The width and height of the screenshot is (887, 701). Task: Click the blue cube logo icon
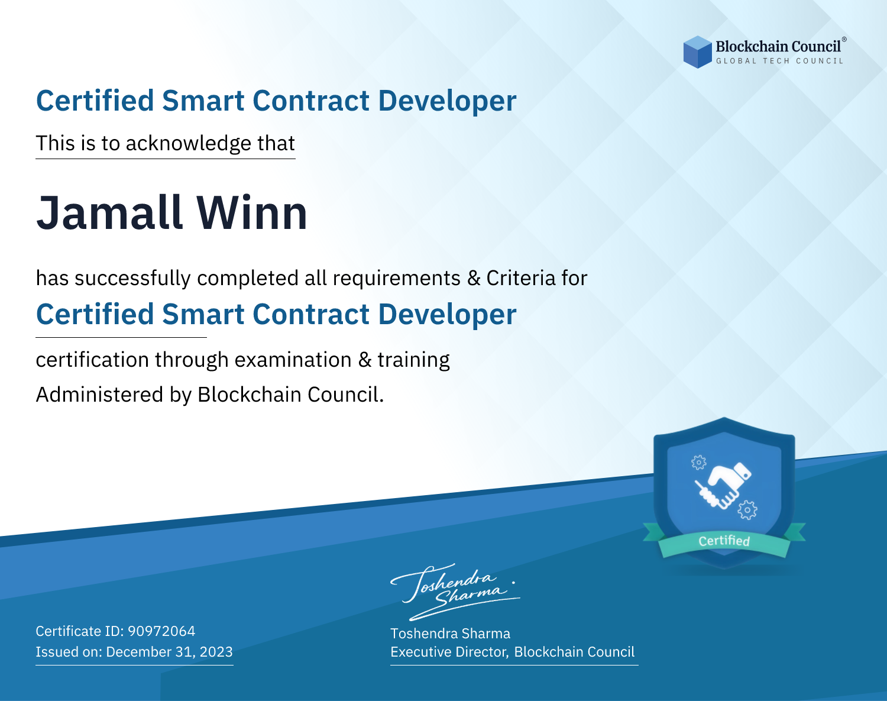click(x=697, y=52)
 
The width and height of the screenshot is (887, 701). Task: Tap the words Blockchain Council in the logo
click(x=778, y=47)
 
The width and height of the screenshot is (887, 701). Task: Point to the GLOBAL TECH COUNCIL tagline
click(x=779, y=61)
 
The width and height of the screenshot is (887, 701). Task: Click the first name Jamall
click(x=109, y=213)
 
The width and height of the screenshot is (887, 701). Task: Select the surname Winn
click(x=251, y=213)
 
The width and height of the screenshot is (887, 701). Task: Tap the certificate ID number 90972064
click(x=161, y=631)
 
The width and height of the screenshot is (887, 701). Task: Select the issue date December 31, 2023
click(x=169, y=651)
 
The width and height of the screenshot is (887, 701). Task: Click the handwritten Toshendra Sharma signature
click(x=455, y=592)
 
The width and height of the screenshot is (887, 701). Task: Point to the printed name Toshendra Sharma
click(x=450, y=634)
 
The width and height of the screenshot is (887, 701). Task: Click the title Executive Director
click(x=448, y=651)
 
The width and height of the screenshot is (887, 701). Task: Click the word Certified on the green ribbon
click(x=724, y=541)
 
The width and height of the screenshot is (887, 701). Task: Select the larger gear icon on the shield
click(x=747, y=510)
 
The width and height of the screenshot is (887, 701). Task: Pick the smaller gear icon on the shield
click(x=698, y=463)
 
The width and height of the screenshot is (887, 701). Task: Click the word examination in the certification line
click(x=293, y=360)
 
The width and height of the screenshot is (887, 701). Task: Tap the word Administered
click(x=99, y=394)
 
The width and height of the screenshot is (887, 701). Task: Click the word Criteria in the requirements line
click(x=520, y=278)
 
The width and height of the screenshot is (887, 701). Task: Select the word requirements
click(x=397, y=279)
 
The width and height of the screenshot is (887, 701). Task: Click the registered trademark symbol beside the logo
click(x=844, y=39)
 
